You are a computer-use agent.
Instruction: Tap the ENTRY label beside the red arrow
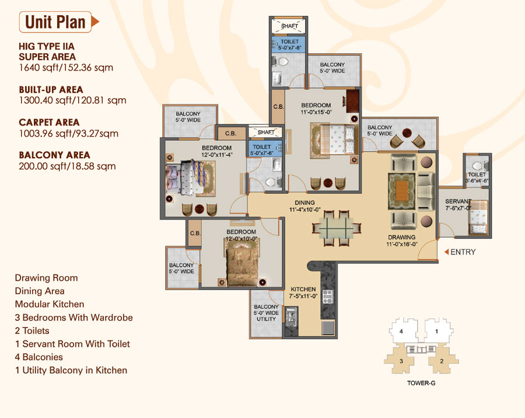pos(463,252)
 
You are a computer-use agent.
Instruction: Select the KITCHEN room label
pos(303,290)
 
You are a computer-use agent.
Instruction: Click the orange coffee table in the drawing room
pos(401,191)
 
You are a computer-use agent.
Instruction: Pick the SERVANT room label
pos(458,201)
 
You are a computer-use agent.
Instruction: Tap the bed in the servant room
pos(478,217)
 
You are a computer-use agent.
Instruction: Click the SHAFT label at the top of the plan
pos(289,26)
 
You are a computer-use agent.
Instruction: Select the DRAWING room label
pos(401,238)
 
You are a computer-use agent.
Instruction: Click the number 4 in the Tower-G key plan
pos(401,332)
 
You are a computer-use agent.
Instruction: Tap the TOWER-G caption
pos(421,383)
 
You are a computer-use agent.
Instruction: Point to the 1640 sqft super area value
pos(66,68)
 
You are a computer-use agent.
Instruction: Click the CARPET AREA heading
pos(49,123)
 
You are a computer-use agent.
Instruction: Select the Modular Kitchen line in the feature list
pos(50,304)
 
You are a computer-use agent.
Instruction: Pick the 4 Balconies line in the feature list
pos(39,357)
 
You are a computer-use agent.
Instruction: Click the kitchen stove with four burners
pos(327,297)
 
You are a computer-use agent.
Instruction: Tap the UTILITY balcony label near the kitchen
pos(266,319)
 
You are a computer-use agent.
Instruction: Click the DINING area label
pos(304,203)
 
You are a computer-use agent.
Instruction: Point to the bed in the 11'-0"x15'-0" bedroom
pos(332,140)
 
